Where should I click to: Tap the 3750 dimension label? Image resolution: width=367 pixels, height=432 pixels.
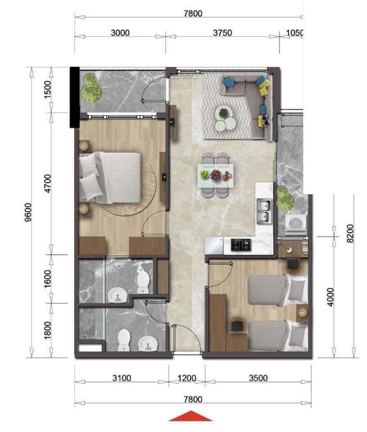click(222, 33)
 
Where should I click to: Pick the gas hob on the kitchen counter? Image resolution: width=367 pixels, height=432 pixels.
click(242, 245)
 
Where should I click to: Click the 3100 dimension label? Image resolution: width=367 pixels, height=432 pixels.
click(121, 378)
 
